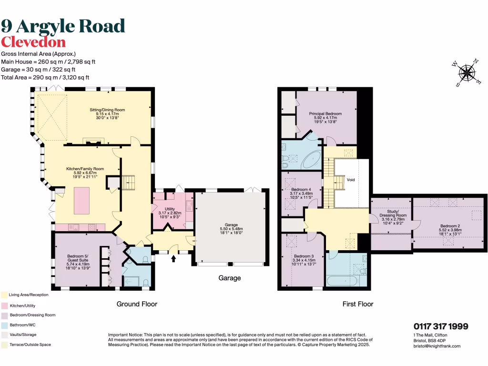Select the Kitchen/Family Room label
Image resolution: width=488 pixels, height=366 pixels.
pos(85,169)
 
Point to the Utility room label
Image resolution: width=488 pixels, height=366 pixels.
pos(170,209)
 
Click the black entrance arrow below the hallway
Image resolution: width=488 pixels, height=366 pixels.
pos(173,259)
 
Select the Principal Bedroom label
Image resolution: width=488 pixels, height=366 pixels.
pos(325,113)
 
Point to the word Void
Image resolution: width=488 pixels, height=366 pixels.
pos(351,180)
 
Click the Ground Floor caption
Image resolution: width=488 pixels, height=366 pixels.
pos(137,304)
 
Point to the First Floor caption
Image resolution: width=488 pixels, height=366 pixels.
pos(358,304)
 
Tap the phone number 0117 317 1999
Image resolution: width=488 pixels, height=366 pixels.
pos(440,326)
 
